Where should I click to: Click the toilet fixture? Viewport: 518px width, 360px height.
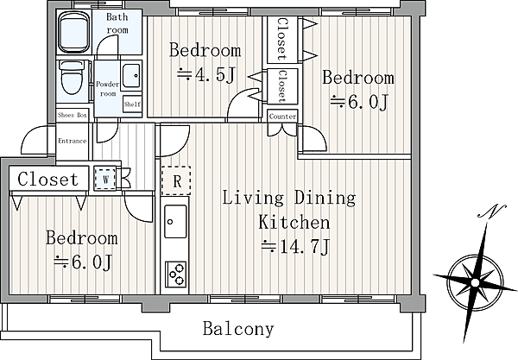(72, 78)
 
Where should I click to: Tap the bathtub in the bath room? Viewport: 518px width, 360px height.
(74, 32)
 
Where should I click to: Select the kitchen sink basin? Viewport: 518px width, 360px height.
(175, 221)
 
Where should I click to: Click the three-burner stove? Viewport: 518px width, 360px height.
(176, 275)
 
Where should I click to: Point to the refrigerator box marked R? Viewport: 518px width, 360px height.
(176, 180)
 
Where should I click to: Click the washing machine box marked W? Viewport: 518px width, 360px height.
(105, 179)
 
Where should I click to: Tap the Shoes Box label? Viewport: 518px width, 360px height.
(73, 116)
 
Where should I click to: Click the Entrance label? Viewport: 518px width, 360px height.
(73, 141)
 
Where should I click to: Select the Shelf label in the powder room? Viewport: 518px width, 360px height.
(132, 104)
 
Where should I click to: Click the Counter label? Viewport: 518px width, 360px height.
(282, 117)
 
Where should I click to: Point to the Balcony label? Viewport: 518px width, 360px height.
(238, 329)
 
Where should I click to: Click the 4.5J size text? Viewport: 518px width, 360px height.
(206, 75)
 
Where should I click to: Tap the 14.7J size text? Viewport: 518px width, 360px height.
(295, 246)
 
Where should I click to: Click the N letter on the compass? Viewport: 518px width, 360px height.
(492, 211)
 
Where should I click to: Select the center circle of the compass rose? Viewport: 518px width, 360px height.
(475, 283)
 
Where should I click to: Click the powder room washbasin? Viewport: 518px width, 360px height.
(131, 76)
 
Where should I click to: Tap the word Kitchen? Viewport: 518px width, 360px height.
(294, 222)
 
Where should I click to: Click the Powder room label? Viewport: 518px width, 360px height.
(108, 89)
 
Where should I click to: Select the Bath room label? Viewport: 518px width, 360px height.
(117, 23)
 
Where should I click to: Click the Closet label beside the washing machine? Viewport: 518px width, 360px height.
(48, 179)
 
